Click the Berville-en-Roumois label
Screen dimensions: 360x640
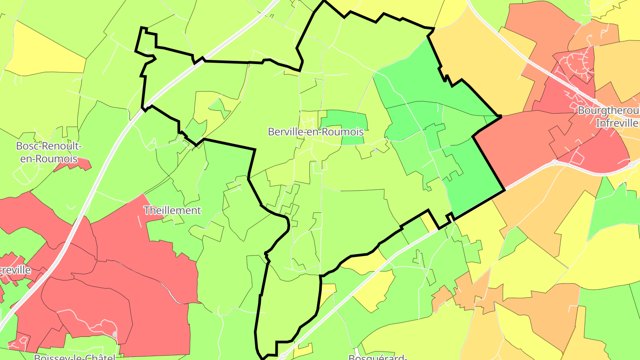coord(316,132)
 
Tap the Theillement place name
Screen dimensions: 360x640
coord(172,210)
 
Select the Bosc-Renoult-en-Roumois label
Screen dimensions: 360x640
coord(49,152)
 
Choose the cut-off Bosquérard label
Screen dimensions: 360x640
coord(378,357)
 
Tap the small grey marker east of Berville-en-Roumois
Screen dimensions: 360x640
coord(376,150)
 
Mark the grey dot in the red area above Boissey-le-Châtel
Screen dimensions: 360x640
coord(115,334)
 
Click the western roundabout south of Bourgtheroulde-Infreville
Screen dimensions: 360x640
coord(554,162)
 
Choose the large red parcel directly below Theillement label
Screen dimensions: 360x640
coord(147,276)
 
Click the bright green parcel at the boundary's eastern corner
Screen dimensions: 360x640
coord(476,178)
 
